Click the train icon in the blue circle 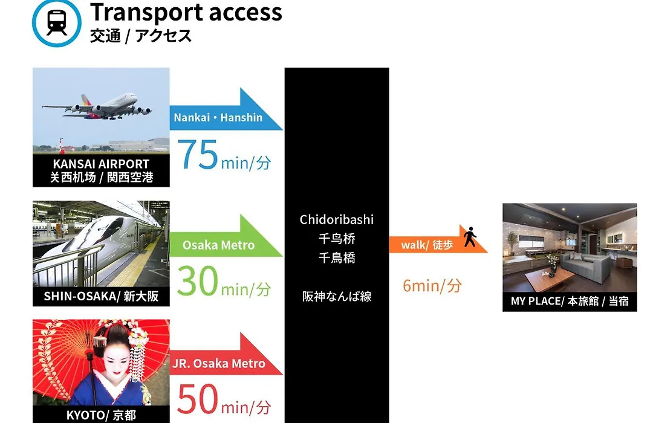[x=57, y=22]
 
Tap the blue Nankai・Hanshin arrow [x=226, y=110]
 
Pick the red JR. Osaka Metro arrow [x=226, y=355]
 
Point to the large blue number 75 [x=197, y=155]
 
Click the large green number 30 [x=197, y=281]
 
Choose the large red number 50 [x=197, y=399]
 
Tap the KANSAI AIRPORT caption [x=101, y=170]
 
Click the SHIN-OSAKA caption [x=101, y=296]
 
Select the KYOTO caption [x=101, y=415]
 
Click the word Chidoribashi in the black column [x=337, y=220]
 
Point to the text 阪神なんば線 [x=337, y=297]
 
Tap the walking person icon [x=470, y=236]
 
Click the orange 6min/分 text [x=432, y=286]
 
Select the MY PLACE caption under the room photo [x=570, y=301]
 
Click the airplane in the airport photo [x=97, y=106]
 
